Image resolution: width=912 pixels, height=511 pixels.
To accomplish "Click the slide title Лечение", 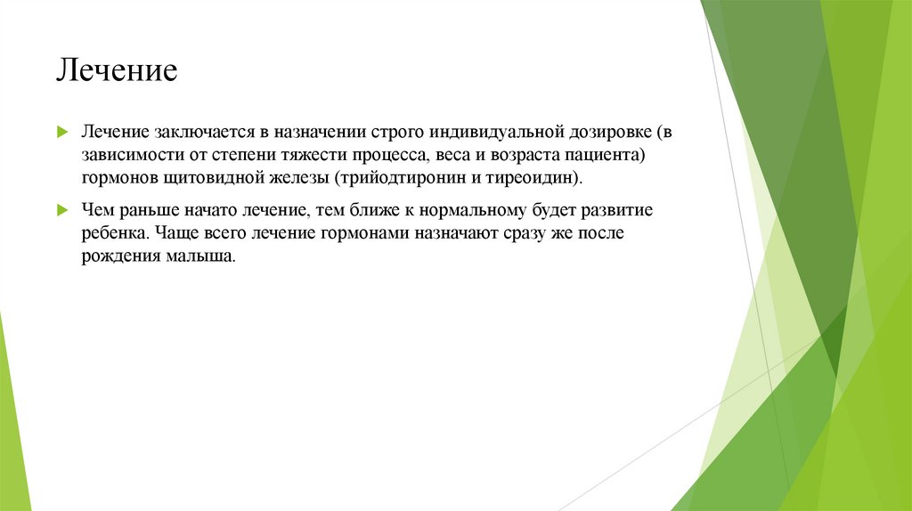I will point(118,70).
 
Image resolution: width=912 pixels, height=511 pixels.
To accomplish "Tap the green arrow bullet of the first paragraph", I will point(62,132).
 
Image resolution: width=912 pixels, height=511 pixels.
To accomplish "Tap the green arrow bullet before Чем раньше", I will point(62,210).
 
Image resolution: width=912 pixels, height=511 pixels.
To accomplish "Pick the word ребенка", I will point(115,233).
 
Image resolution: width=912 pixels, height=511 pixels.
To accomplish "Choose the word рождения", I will point(118,256).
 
